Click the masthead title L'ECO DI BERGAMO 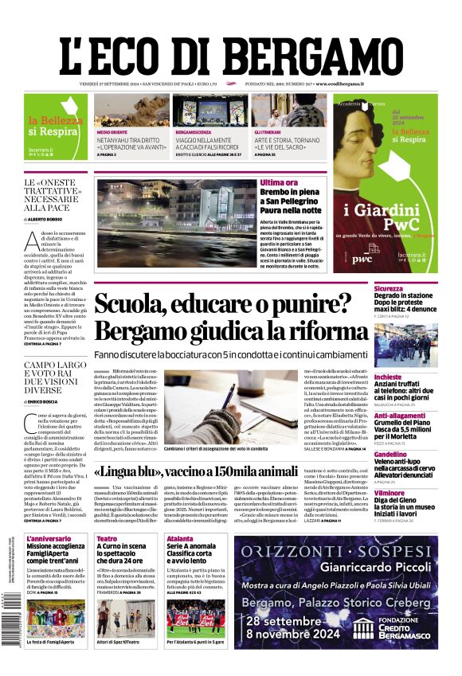tap(230, 54)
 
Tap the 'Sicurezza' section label tap(390, 289)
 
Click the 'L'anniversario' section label tap(49, 539)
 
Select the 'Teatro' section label tap(107, 539)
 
